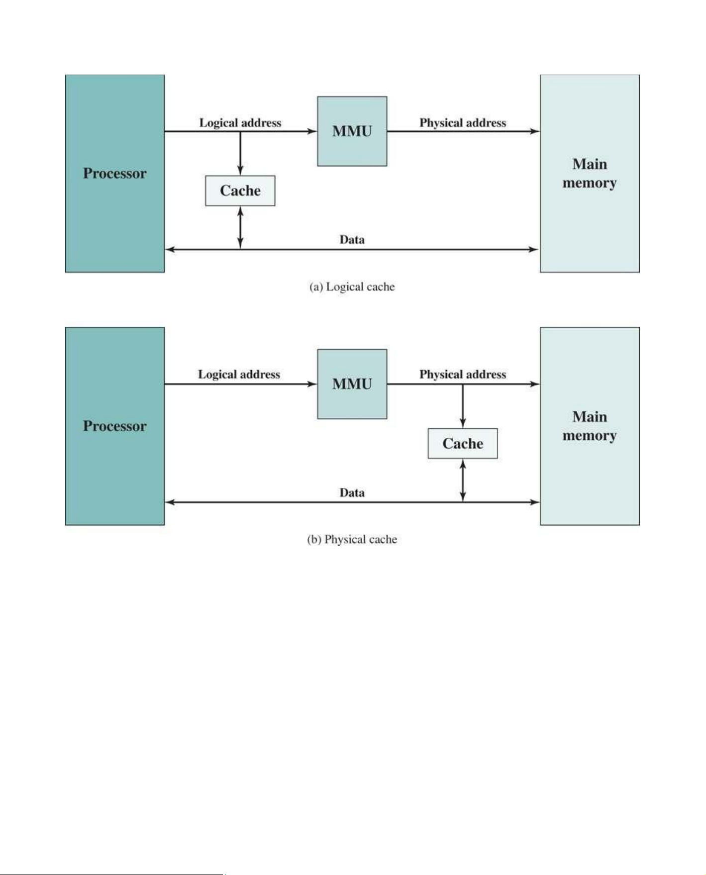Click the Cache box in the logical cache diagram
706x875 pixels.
240,191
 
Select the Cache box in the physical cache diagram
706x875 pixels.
463,443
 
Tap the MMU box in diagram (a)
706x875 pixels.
352,131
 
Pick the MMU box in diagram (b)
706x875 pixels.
352,384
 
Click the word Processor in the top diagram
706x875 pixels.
115,173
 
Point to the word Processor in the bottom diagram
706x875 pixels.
115,426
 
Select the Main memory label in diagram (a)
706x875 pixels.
590,174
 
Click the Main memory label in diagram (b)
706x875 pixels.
590,426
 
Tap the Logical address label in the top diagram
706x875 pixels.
240,122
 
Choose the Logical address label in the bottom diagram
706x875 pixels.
239,374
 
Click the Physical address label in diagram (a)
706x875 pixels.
463,122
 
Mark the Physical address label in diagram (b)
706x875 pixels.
463,374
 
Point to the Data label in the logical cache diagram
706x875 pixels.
352,240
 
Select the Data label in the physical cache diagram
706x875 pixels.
352,492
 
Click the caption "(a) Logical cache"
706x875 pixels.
352,287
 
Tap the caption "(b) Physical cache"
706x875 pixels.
352,540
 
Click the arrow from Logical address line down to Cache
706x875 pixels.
240,153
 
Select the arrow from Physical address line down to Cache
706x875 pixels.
463,406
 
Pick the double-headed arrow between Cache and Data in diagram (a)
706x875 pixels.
240,228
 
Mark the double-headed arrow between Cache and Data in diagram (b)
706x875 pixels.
463,481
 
